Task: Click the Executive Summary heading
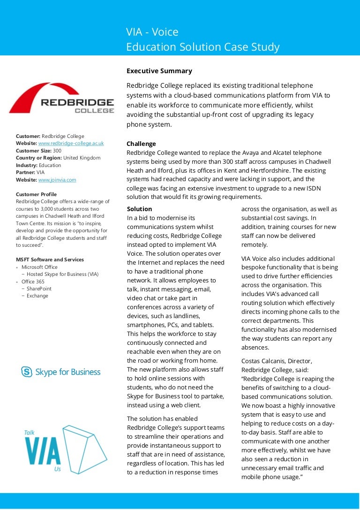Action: tap(159, 71)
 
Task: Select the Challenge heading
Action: tap(141, 144)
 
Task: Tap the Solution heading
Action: tap(139, 209)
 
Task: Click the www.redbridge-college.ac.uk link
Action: tap(71, 143)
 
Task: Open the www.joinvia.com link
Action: tap(57, 180)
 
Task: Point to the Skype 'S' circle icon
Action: tap(27, 372)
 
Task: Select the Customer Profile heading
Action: tap(36, 194)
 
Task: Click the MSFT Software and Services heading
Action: tap(50, 259)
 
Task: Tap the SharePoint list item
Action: tap(39, 289)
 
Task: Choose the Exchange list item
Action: tap(37, 296)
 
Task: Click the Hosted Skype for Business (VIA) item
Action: tap(62, 274)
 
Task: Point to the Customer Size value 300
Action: tap(57, 151)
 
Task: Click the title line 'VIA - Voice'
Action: tap(152, 32)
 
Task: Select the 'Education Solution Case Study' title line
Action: tap(202, 47)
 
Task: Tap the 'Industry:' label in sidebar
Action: tap(27, 165)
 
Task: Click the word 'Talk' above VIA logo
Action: tap(29, 433)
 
